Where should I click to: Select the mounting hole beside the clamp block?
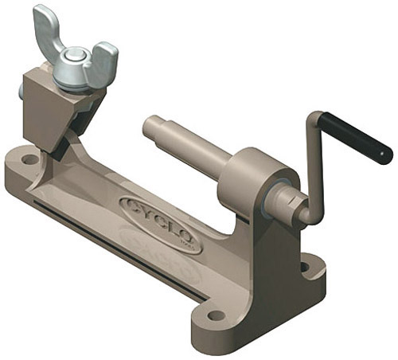30,159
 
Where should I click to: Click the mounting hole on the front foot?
217,315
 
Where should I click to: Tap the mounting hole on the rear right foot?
305,268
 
